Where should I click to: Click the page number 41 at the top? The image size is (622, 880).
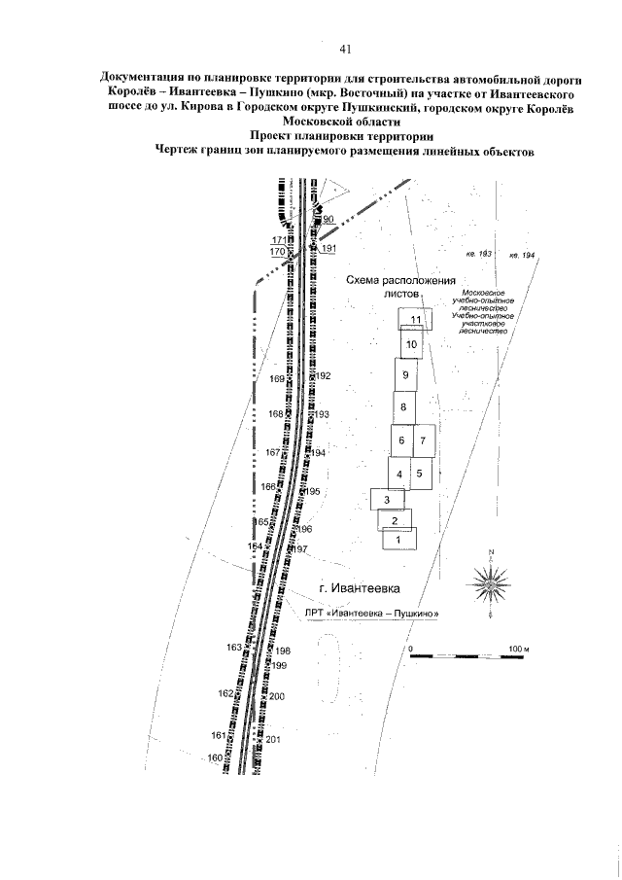(345, 49)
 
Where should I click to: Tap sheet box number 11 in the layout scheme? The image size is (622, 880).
(415, 319)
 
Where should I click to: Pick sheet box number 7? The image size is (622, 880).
(424, 440)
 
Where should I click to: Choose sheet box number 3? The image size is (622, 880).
(387, 500)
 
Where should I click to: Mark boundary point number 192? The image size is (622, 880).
(324, 375)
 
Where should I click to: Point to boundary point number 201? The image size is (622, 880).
(273, 740)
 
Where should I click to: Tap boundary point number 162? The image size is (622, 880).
(225, 693)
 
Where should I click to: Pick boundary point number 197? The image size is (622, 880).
(300, 549)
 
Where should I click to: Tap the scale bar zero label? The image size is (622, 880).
(411, 648)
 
